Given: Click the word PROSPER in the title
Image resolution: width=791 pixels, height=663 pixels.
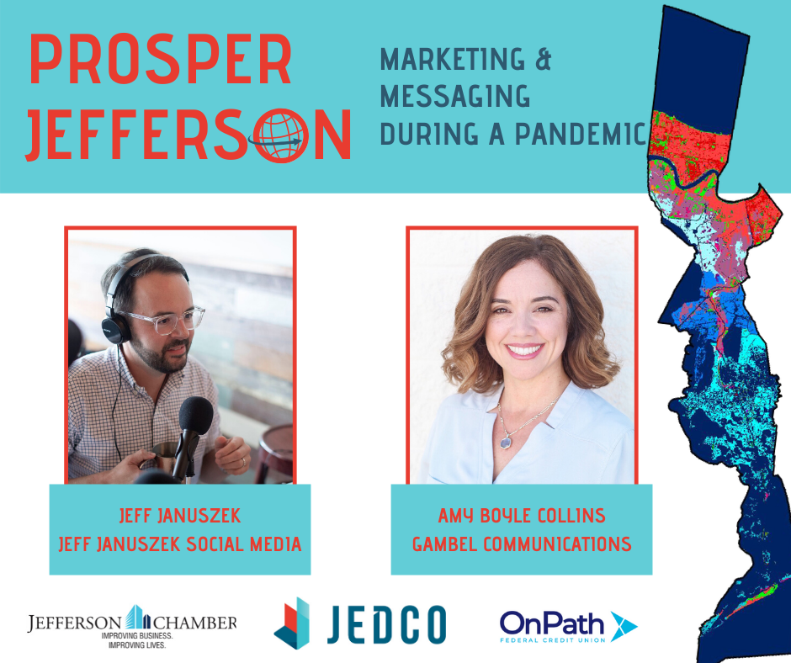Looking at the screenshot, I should pyautogui.click(x=160, y=62).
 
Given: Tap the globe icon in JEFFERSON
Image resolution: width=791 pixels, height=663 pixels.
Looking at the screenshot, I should pyautogui.click(x=285, y=135).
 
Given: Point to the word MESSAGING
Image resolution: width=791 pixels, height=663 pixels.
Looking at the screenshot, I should pyautogui.click(x=454, y=97).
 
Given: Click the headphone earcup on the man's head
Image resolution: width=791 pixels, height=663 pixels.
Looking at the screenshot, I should pyautogui.click(x=115, y=325).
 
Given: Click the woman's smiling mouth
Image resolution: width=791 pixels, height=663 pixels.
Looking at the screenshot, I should pyautogui.click(x=525, y=350).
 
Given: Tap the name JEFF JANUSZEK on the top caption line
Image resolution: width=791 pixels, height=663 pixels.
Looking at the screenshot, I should pyautogui.click(x=179, y=515).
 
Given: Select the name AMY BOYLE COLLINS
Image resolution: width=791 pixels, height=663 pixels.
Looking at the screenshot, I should pyautogui.click(x=522, y=515).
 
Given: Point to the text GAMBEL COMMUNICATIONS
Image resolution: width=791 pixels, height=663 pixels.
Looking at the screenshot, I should pyautogui.click(x=522, y=544).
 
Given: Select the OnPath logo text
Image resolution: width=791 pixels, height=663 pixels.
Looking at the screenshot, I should pyautogui.click(x=550, y=623).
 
